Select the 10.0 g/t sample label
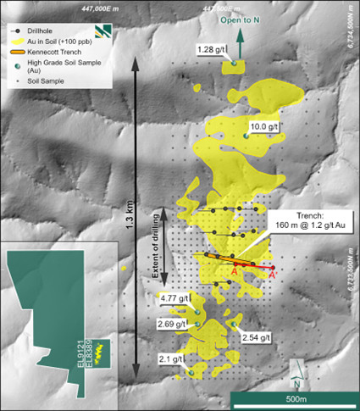pyautogui.click(x=265, y=125)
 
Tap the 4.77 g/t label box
pyautogui.click(x=174, y=298)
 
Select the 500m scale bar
pyautogui.click(x=292, y=398)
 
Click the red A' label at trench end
pyautogui.click(x=273, y=275)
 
